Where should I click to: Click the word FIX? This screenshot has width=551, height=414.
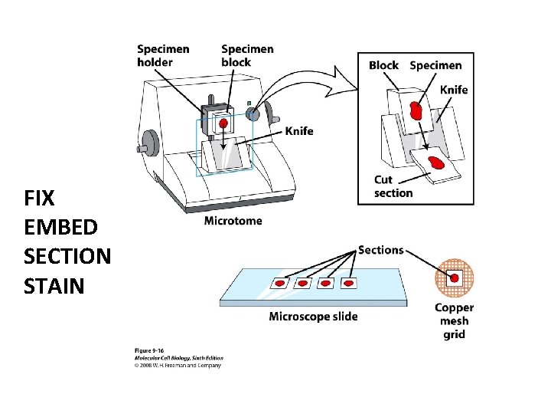[x=40, y=199]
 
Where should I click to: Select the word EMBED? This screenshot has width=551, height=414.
[x=60, y=228]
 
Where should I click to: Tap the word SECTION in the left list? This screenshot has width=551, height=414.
[x=67, y=256]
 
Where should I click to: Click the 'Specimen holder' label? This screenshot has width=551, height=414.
[x=163, y=55]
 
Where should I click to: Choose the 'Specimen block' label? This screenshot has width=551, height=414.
[x=246, y=55]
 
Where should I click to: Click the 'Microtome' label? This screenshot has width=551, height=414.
[x=233, y=221]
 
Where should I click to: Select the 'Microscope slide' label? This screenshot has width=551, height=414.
[x=313, y=317]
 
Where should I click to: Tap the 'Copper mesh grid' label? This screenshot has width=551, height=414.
[x=455, y=320]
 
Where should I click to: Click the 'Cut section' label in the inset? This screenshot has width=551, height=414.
[x=393, y=186]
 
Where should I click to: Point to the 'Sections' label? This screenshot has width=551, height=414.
[x=380, y=250]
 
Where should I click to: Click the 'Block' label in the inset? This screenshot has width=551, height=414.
[x=383, y=65]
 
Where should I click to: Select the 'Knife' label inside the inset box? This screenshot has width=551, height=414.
[x=453, y=90]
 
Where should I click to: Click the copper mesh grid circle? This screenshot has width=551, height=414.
[x=455, y=278]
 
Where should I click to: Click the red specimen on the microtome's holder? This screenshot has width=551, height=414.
[x=223, y=123]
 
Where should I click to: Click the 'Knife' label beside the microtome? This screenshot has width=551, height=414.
[x=298, y=131]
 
